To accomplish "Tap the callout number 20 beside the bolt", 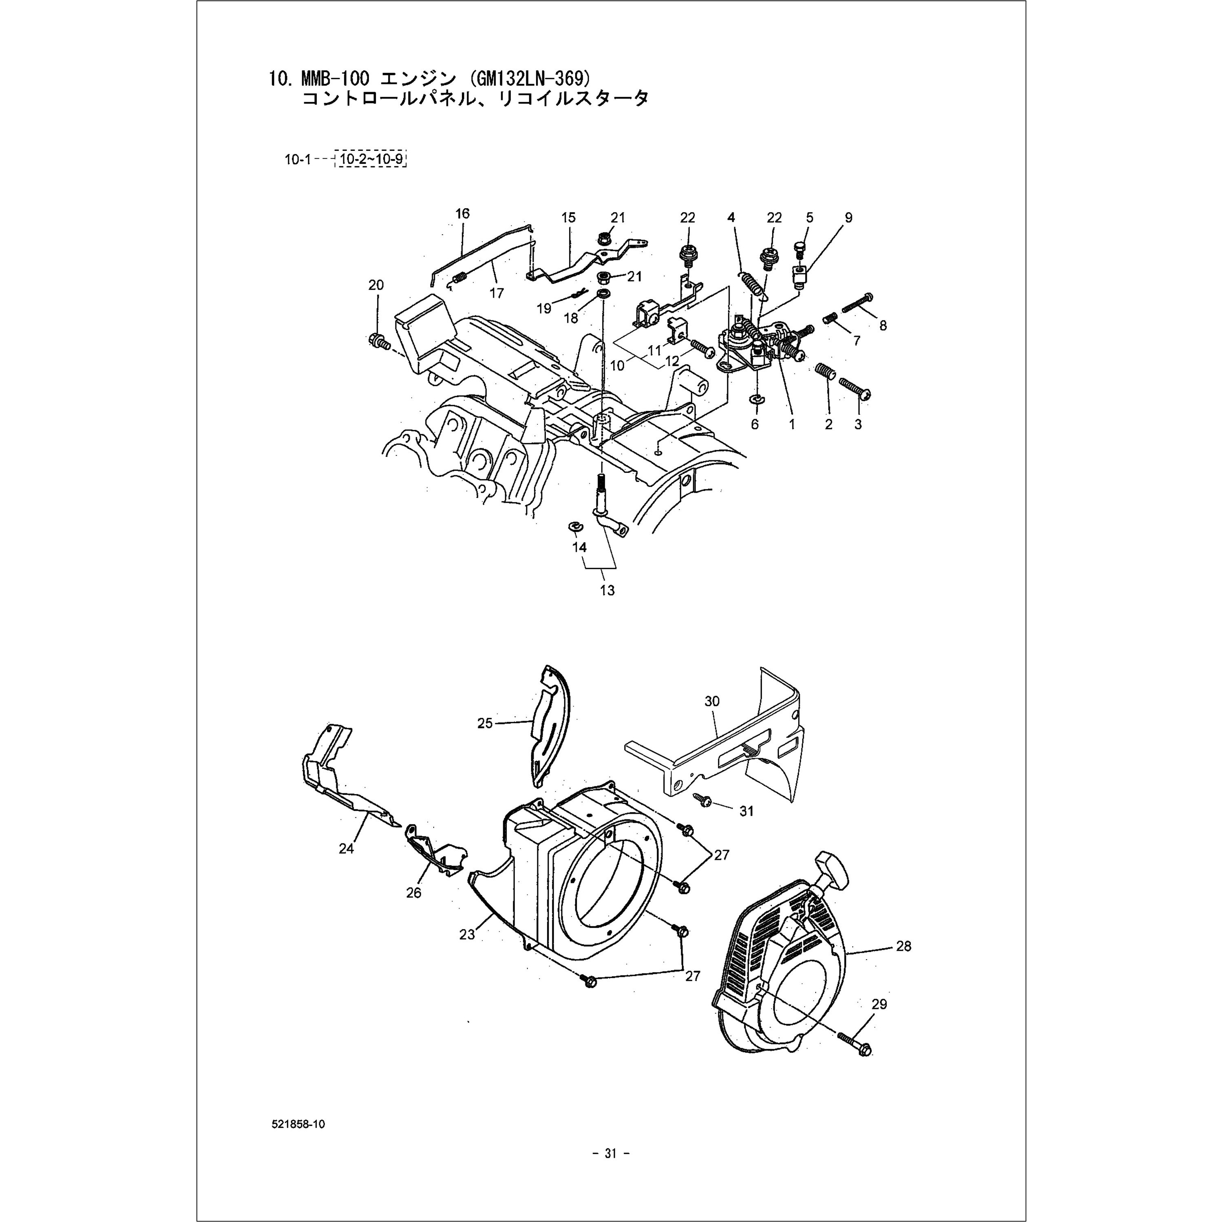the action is point(376,285).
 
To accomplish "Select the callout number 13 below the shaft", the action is point(607,591).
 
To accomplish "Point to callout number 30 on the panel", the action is point(712,701).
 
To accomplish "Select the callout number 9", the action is point(848,218).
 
